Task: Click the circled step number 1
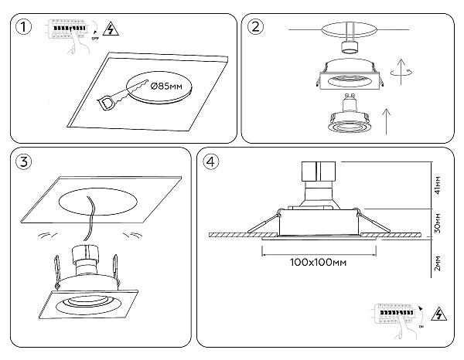point(26,28)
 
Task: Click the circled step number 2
point(255,28)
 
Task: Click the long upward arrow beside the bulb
point(384,120)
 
